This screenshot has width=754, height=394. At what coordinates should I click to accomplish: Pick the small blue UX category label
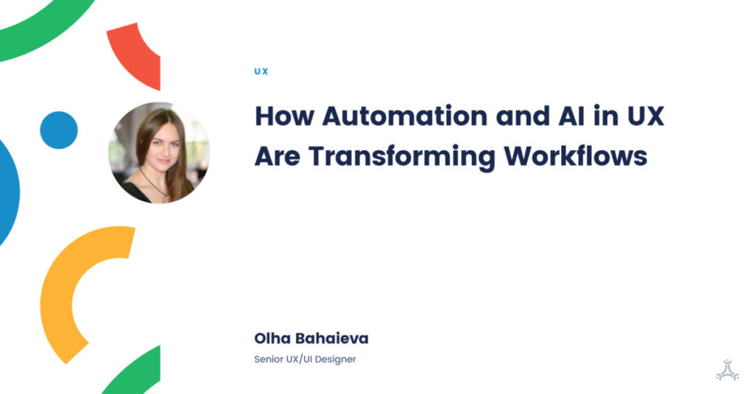click(261, 71)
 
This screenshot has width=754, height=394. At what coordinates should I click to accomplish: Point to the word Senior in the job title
click(269, 360)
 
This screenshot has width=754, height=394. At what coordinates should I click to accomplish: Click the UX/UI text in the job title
click(303, 360)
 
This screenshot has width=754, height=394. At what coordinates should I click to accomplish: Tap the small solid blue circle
click(59, 130)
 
